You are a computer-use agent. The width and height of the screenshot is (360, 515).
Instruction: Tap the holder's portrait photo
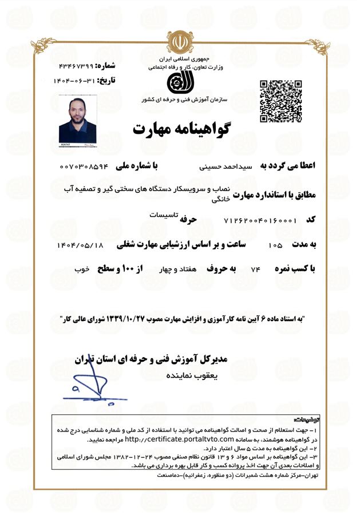pos(77,121)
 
